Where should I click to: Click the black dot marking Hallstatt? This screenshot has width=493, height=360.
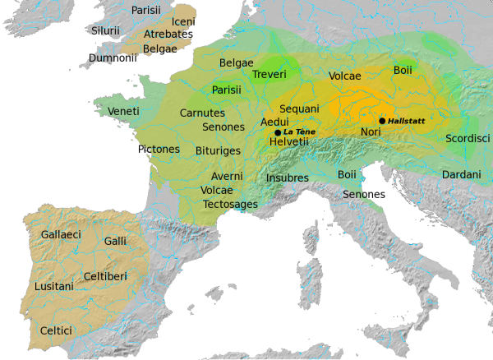click(382, 121)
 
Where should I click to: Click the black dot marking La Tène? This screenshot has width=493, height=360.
click(278, 132)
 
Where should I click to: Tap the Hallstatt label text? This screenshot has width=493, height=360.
click(408, 121)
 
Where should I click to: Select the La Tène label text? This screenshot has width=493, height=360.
click(300, 132)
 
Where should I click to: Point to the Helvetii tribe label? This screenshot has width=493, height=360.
click(288, 142)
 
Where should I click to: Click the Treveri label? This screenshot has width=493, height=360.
click(270, 75)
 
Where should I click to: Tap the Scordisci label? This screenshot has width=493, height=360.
click(468, 138)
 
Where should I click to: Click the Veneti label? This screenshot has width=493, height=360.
click(123, 111)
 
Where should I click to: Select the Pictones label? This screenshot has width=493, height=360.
click(159, 150)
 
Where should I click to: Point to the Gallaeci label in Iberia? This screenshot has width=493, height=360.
click(61, 234)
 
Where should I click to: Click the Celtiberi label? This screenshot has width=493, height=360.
click(105, 277)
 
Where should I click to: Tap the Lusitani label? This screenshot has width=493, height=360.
click(54, 287)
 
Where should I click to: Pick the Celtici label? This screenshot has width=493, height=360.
click(56, 330)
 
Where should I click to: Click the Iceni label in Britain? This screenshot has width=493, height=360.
click(183, 21)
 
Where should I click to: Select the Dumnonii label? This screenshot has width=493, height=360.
click(113, 58)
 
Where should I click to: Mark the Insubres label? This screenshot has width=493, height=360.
click(288, 178)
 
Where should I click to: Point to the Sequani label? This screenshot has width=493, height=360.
click(299, 108)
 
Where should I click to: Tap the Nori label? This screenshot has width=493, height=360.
click(371, 132)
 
